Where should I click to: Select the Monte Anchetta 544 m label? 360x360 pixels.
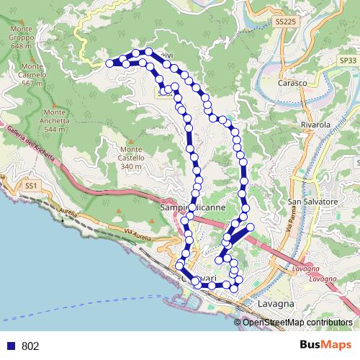[x=55, y=120]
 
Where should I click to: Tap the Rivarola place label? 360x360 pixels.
[x=315, y=124]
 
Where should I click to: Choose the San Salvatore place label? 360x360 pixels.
[x=312, y=202]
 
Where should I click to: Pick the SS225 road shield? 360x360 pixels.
[x=285, y=23]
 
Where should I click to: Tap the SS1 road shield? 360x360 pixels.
[x=30, y=186]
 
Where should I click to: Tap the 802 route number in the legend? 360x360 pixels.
[x=30, y=346]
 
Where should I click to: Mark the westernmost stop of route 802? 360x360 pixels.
[x=110, y=63]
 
